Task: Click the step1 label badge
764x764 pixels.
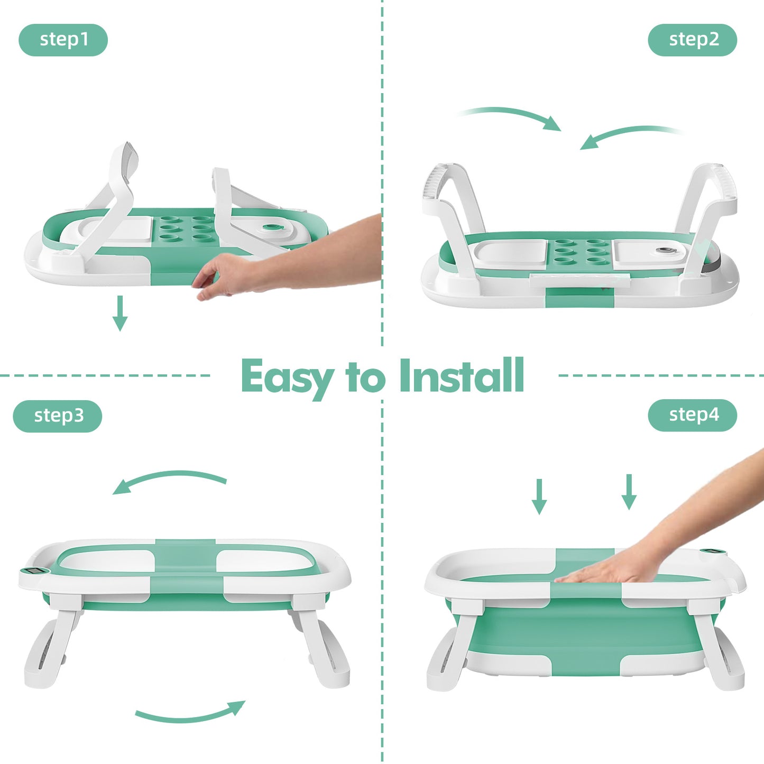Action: [x=63, y=40]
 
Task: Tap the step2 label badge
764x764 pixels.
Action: [x=692, y=40]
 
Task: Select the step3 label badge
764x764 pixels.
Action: [x=58, y=416]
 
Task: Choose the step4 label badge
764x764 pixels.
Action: [x=692, y=415]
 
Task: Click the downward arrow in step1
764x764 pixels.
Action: [x=120, y=313]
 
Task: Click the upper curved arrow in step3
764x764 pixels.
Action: [x=169, y=479]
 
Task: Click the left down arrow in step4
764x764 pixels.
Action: [x=539, y=496]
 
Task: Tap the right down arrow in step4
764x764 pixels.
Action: [x=629, y=492]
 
